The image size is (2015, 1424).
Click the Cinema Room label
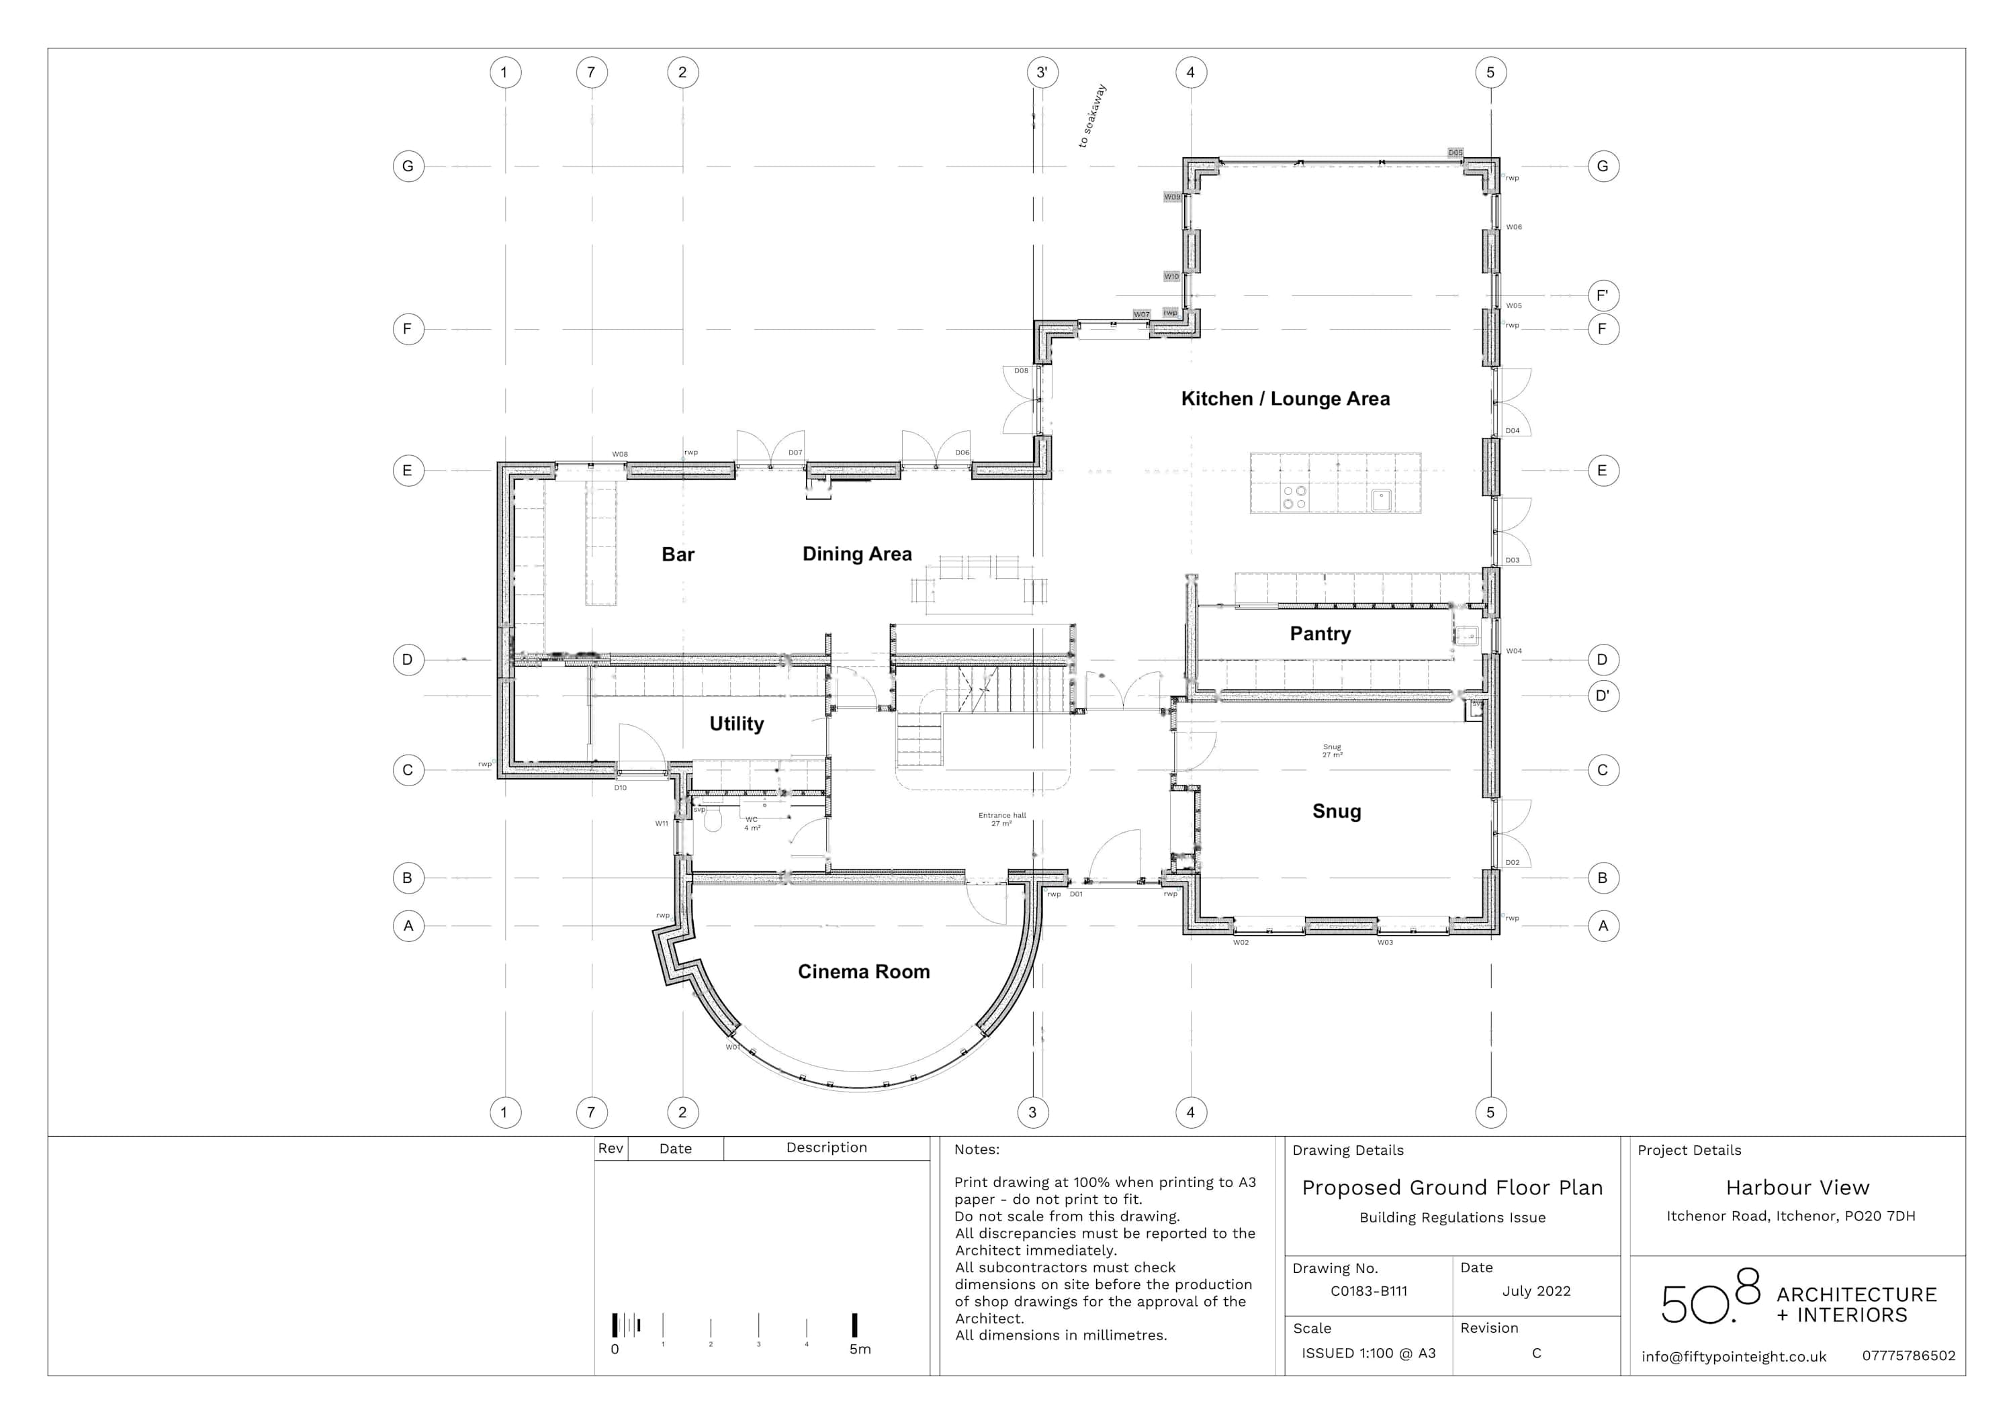click(864, 971)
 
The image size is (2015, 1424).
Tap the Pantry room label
click(1320, 634)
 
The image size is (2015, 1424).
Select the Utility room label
click(736, 724)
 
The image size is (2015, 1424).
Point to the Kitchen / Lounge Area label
click(1285, 399)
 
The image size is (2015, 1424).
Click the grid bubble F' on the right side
click(1603, 295)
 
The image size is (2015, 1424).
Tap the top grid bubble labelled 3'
click(1042, 72)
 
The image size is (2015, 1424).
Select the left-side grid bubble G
click(408, 166)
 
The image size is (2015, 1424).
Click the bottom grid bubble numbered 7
click(592, 1112)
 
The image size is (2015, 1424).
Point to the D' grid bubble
click(1603, 696)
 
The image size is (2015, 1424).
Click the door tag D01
click(1076, 894)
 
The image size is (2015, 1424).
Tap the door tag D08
click(1021, 371)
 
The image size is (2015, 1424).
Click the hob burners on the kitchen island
click(1294, 497)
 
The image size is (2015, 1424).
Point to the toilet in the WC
click(712, 821)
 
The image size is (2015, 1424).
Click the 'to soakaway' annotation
click(1093, 116)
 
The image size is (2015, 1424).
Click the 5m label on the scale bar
click(859, 1349)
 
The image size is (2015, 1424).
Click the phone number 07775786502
click(1908, 1356)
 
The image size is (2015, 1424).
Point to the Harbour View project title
click(1797, 1188)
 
